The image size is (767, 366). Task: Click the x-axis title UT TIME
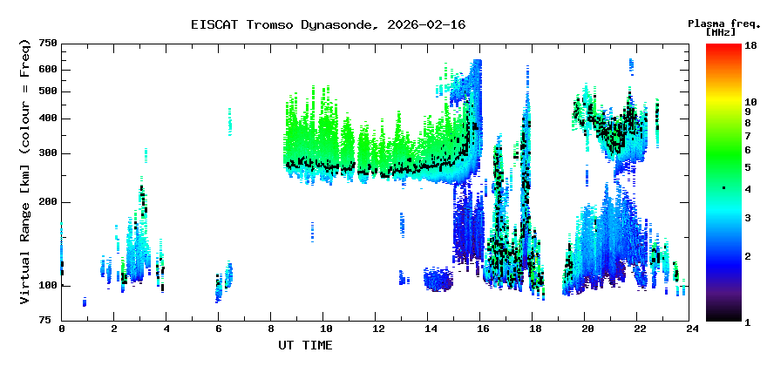304,345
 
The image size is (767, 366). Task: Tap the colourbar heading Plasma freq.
721,23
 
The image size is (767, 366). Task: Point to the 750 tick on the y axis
47,44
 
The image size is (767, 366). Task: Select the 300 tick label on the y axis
47,154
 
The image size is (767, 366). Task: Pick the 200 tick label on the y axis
47,203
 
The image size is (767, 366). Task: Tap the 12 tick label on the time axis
378,329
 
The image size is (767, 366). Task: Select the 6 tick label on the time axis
220,329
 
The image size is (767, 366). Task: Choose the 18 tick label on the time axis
536,329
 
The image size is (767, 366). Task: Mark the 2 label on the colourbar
746,256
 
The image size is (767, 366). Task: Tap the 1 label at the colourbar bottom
746,322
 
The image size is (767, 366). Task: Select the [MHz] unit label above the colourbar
721,32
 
